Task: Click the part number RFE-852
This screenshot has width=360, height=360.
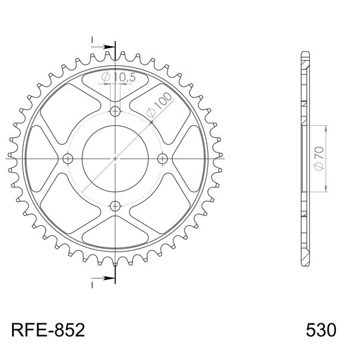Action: [x=48, y=330]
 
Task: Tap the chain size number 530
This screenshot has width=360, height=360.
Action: [x=321, y=330]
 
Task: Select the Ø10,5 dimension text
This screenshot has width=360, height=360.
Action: [x=119, y=77]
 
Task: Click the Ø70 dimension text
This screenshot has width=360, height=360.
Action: [x=319, y=159]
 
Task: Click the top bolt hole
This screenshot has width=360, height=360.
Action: [x=115, y=112]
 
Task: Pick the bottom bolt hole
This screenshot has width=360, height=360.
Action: [x=115, y=207]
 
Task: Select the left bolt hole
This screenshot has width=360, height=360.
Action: [x=68, y=159]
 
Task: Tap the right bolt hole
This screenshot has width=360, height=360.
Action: [x=163, y=159]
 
